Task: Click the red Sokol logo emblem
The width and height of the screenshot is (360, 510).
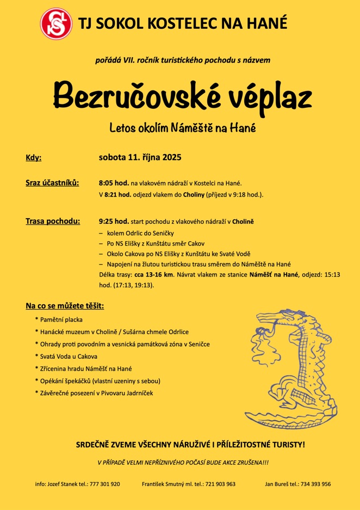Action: [x=55, y=23]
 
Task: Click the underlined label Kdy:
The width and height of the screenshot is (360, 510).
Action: [x=33, y=158]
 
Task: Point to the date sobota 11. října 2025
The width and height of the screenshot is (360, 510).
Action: [x=140, y=158]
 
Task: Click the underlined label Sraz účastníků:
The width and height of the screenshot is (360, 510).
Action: [x=52, y=182]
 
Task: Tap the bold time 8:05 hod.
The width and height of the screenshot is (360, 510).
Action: [x=114, y=183]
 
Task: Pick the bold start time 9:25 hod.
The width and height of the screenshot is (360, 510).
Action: [x=114, y=222]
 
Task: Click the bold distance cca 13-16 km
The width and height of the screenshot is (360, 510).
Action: [x=153, y=275]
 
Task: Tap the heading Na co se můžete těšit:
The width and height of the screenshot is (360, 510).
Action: [x=65, y=305]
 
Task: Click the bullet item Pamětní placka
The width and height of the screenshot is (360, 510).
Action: [x=61, y=319]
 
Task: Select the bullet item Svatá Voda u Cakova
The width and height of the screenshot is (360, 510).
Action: [x=69, y=357]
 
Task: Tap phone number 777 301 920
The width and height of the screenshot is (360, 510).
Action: [x=104, y=484]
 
